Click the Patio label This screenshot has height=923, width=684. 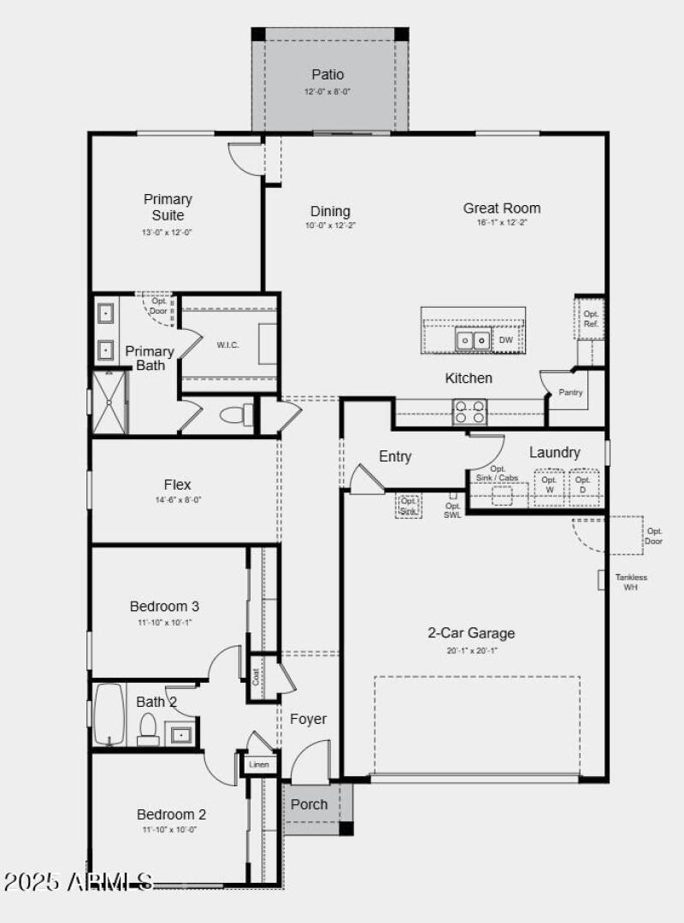coord(327,75)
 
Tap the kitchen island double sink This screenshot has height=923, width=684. coord(473,340)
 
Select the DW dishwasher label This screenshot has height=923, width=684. coord(505,340)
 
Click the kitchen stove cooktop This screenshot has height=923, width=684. coord(469,412)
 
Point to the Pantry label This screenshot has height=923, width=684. coord(570,392)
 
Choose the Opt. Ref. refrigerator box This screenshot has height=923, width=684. coord(591,319)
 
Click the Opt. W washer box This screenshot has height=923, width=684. coord(549,485)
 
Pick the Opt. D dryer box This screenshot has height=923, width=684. coord(583,485)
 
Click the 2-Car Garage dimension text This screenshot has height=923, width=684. coord(471,650)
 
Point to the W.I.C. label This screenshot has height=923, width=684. coord(227,345)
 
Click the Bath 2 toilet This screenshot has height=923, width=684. coord(148,728)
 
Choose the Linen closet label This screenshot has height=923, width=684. coord(259,764)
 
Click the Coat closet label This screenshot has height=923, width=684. coord(256,677)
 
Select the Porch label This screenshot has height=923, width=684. coord(310,804)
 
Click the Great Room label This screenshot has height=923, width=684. coord(502,208)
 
